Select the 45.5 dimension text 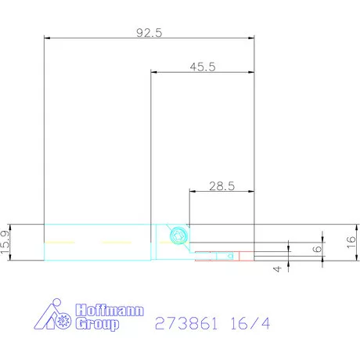(202, 67)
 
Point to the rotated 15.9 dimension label (6, 243)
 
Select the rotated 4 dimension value (276, 268)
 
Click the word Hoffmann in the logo (110, 309)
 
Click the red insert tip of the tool (245, 255)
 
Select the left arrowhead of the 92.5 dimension (48, 38)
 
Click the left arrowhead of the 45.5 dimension (153, 72)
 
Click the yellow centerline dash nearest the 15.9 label (58, 241)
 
